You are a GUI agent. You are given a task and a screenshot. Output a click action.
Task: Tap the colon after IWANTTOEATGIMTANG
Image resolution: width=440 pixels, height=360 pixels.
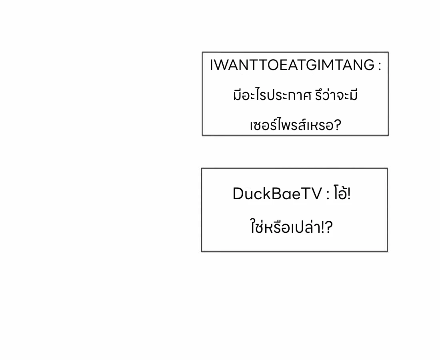pyautogui.click(x=379, y=66)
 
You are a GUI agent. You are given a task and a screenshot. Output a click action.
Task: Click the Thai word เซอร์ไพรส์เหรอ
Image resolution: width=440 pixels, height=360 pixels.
pyautogui.click(x=291, y=126)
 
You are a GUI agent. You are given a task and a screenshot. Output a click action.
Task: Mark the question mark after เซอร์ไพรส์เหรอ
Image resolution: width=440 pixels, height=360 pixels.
pyautogui.click(x=337, y=126)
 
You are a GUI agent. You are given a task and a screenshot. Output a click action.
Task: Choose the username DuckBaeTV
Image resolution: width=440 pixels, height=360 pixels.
pyautogui.click(x=277, y=194)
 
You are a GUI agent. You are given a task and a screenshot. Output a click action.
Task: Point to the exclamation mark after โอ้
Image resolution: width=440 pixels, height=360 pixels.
pyautogui.click(x=349, y=194)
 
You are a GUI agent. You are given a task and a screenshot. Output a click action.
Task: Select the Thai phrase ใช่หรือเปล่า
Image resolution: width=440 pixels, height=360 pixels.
pyautogui.click(x=284, y=228)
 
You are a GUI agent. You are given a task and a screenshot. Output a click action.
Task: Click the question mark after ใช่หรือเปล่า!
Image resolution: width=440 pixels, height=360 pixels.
pyautogui.click(x=329, y=228)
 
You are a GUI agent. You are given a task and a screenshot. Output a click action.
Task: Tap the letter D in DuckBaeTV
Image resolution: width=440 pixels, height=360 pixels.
pyautogui.click(x=238, y=194)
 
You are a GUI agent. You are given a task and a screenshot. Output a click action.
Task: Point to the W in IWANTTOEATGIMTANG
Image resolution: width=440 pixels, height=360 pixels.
pyautogui.click(x=220, y=65)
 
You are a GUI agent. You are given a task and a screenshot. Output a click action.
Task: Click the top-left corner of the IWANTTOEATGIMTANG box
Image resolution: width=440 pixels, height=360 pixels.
pyautogui.click(x=202, y=52)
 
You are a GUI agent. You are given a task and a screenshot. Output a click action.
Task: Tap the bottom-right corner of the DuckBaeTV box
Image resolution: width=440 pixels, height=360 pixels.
pyautogui.click(x=387, y=251)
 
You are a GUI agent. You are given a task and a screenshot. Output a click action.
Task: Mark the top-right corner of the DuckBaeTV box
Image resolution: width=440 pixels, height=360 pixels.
pyautogui.click(x=387, y=168)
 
